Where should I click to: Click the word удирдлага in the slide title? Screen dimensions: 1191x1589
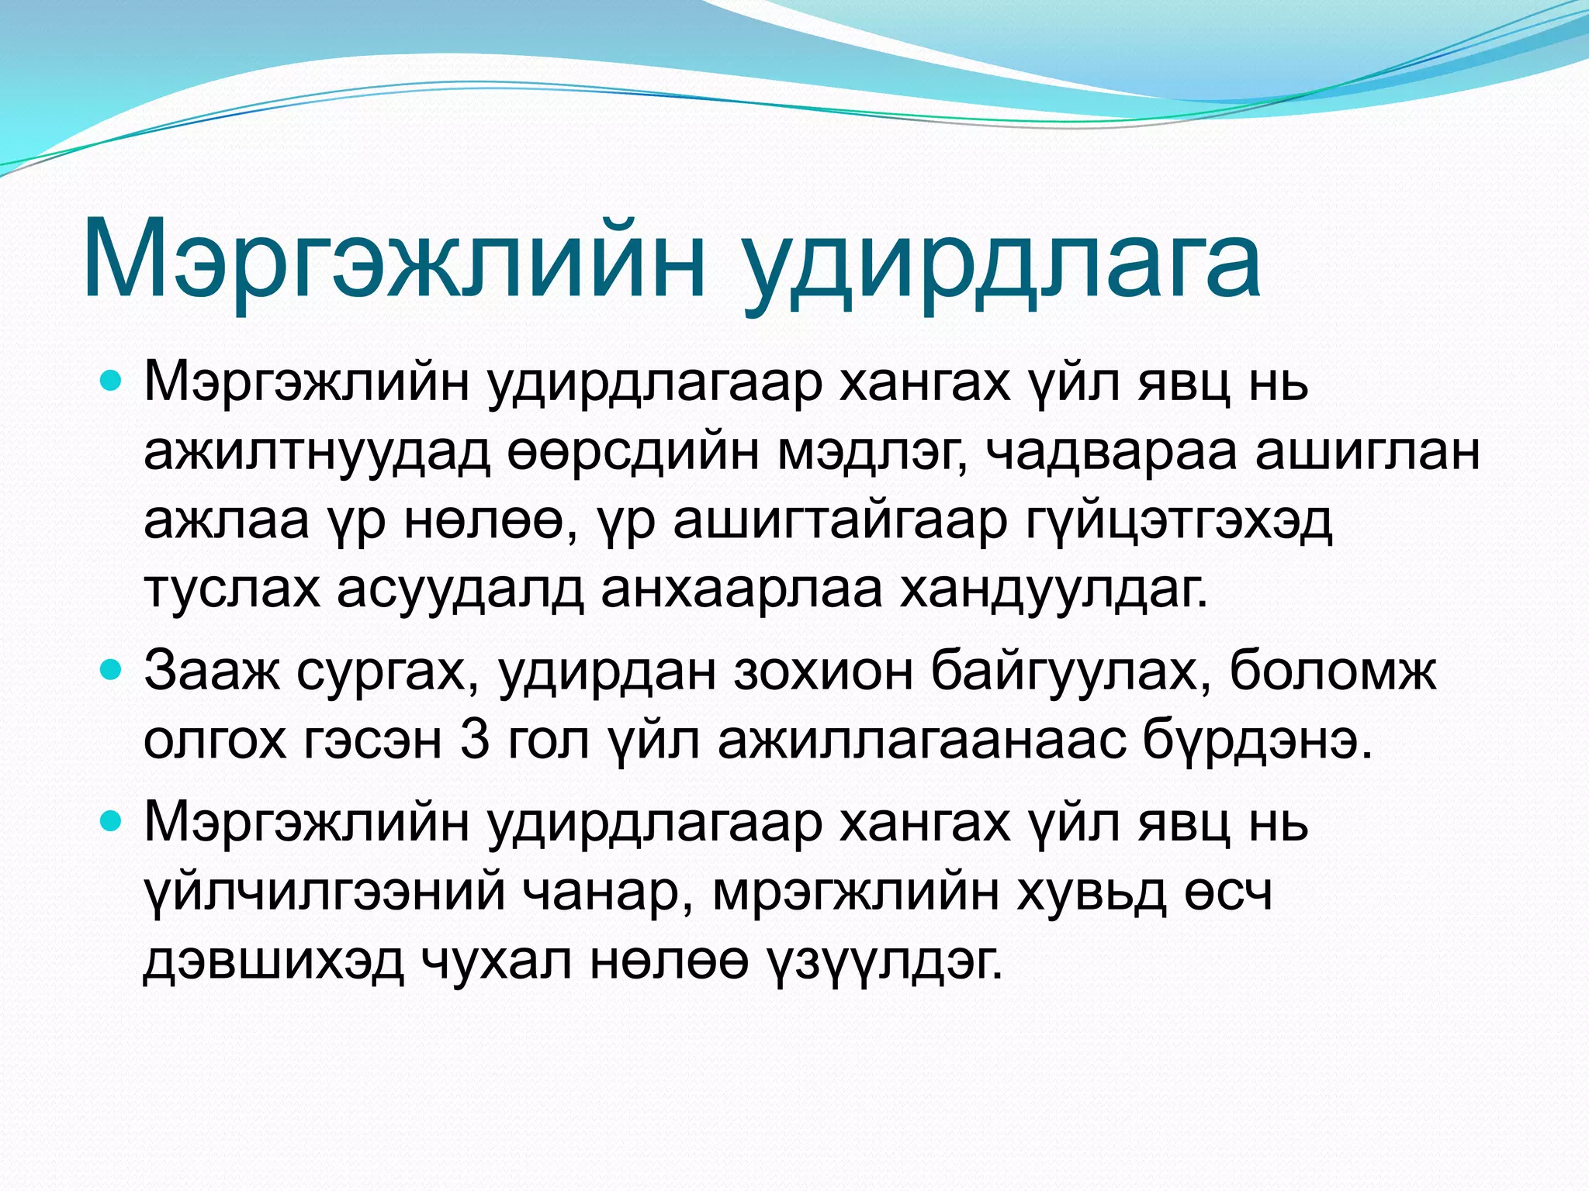1001,264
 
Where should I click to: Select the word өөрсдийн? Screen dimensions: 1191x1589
632,454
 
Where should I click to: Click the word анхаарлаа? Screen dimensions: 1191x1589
741,591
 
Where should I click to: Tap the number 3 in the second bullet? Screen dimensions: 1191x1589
474,740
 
